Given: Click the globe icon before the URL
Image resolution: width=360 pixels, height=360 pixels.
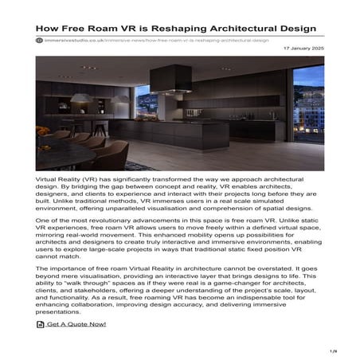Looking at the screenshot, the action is click(x=40, y=39).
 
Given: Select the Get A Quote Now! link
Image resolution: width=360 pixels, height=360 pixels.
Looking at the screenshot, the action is click(x=76, y=324).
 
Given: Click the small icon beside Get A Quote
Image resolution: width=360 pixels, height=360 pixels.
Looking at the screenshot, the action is click(x=41, y=324).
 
